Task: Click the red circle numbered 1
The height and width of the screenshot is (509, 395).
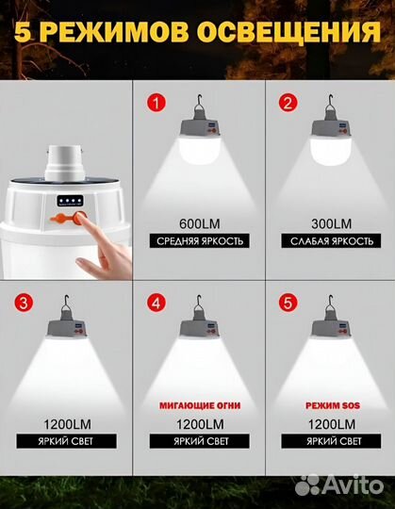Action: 156,103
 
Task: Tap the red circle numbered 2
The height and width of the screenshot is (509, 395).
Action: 288,103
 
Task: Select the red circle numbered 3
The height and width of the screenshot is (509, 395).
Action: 24,303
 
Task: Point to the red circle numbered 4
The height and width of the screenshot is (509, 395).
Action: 156,303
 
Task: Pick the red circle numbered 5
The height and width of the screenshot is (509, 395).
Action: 288,303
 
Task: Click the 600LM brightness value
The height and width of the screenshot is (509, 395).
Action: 199,224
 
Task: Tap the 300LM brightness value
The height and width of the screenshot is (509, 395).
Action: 331,224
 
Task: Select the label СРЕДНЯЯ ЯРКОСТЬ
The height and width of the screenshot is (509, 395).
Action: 199,241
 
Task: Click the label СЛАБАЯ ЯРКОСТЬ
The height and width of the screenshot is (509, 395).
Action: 331,241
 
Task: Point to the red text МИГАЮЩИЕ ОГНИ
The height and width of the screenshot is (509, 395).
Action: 200,405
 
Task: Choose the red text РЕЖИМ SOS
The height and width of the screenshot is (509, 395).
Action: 333,405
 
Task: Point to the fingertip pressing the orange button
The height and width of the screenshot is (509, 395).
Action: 79,216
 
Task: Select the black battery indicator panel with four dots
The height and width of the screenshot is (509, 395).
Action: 70,201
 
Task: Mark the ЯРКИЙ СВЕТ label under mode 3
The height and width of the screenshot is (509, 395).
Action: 67,441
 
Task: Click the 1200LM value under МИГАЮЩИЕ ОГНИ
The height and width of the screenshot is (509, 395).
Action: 200,424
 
